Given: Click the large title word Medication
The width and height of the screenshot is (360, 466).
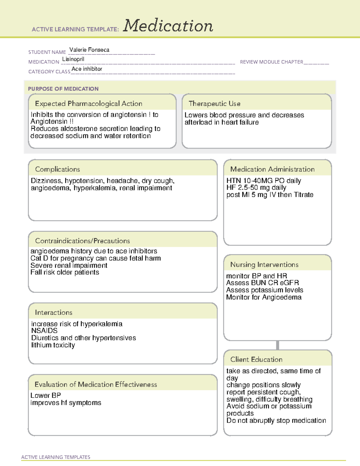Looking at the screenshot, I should (168, 26).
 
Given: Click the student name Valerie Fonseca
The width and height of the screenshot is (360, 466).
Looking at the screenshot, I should (89, 50).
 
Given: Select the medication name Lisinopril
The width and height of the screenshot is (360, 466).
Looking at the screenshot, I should (73, 59).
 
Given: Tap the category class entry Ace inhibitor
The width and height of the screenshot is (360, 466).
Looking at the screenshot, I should (87, 69).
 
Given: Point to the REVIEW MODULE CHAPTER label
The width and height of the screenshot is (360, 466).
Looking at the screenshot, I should (271, 62).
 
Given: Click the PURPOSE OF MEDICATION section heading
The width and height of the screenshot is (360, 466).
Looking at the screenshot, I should (63, 89).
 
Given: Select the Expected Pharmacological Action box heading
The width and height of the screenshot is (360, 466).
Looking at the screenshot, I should (88, 104).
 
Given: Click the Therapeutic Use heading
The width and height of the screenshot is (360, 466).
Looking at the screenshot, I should (214, 104).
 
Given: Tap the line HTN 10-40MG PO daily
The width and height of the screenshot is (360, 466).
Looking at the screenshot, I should (263, 181).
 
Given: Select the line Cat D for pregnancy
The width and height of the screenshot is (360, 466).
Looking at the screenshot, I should (95, 258).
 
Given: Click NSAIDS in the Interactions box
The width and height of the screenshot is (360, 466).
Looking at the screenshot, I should (44, 331).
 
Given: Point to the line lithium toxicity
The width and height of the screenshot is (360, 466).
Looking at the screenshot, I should (53, 345).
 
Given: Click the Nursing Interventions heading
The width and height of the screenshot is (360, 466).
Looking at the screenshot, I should (264, 265).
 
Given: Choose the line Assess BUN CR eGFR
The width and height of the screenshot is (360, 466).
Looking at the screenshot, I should (262, 283).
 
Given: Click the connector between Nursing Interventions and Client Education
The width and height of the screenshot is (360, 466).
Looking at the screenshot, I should (277, 345).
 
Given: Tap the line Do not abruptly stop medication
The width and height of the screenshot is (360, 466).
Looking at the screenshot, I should (276, 421).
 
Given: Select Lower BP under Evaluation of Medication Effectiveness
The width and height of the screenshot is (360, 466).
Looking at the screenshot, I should (46, 395).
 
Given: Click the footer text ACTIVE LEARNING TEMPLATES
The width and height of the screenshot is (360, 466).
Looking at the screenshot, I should (55, 457).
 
